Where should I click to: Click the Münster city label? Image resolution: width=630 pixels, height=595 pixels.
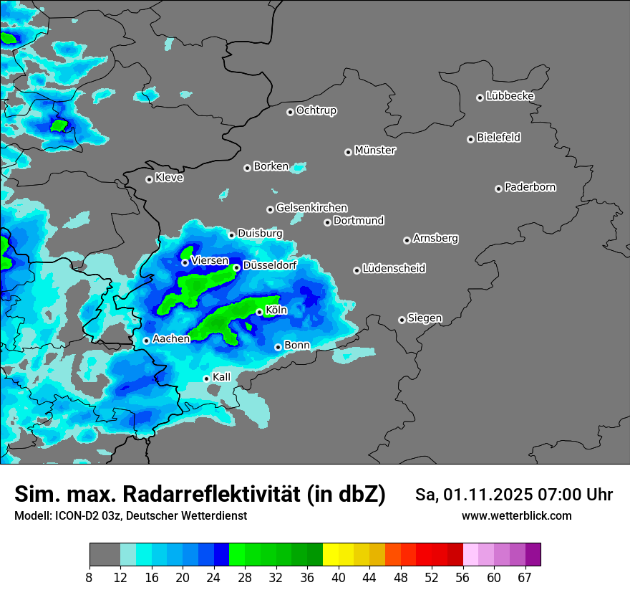click(x=375, y=151)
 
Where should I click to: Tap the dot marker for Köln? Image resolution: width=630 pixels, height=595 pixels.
click(x=259, y=312)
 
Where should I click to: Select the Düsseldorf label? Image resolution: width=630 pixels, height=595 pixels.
click(x=270, y=265)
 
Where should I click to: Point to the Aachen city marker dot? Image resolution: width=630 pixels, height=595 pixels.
click(x=146, y=341)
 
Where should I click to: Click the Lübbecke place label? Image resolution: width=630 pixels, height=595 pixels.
click(x=510, y=96)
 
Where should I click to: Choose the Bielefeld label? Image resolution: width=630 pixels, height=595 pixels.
click(x=498, y=138)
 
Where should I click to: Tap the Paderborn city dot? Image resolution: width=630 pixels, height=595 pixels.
click(x=498, y=189)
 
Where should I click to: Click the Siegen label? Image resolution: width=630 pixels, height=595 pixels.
click(x=425, y=318)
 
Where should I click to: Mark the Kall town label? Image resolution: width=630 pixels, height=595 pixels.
click(x=222, y=377)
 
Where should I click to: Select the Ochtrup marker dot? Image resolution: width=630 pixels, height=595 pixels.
click(x=290, y=111)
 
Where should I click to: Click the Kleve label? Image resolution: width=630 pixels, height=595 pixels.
click(x=169, y=178)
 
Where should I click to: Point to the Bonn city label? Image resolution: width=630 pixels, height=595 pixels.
click(x=297, y=346)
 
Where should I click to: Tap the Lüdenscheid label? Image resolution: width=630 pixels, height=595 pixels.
click(x=394, y=269)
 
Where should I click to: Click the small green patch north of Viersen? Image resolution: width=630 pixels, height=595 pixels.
click(x=186, y=252)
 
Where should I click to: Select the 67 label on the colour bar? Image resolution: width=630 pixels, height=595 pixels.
click(x=525, y=577)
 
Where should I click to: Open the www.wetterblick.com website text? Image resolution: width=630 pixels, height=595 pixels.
click(x=516, y=516)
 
